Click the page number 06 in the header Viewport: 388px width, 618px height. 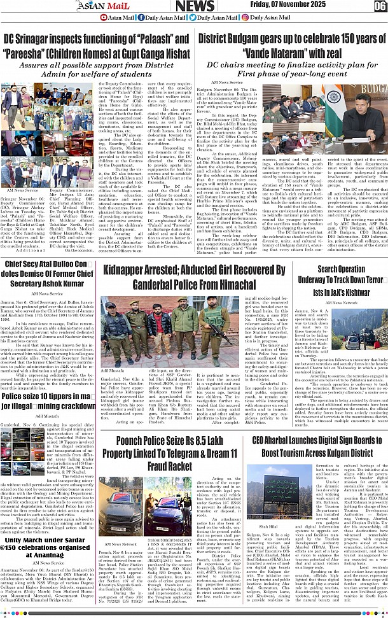(380, 6)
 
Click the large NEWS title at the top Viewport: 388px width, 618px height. (195, 6)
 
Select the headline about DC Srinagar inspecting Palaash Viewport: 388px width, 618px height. (96, 46)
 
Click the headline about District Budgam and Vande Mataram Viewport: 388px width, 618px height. (291, 46)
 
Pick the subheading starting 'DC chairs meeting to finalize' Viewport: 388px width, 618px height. (291, 69)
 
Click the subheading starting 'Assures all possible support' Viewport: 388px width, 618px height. (96, 69)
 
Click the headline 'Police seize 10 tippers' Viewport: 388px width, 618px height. (50, 405)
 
